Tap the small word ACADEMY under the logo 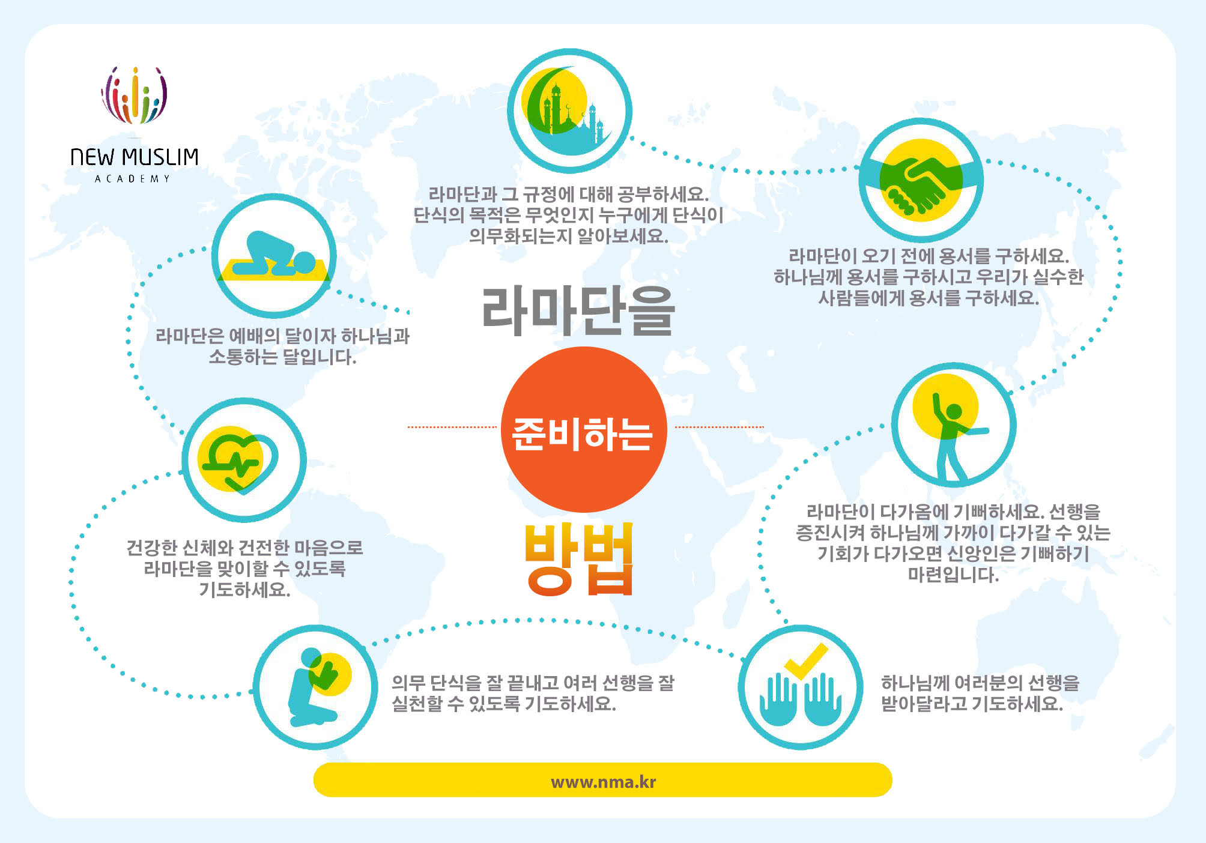133,178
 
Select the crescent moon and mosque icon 569,110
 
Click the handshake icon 921,180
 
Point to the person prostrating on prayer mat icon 274,256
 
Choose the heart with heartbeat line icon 244,460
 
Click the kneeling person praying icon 315,687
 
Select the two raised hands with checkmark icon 800,687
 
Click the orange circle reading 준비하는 584,429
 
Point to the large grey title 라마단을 578,310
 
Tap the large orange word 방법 580,560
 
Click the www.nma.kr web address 603,782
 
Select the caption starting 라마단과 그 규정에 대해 568,215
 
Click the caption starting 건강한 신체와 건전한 244,568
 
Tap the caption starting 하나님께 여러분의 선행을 980,693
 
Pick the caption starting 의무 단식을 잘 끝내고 533,693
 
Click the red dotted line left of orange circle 452,427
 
